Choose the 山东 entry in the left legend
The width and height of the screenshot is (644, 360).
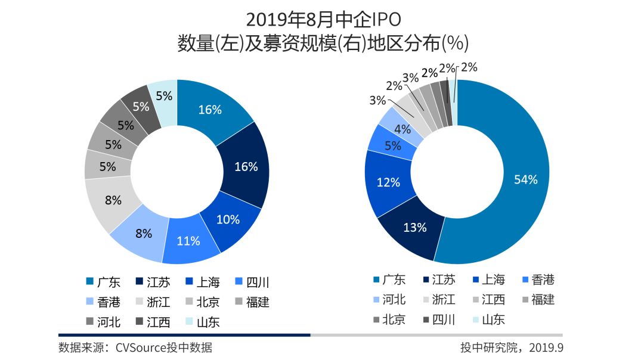click(201, 322)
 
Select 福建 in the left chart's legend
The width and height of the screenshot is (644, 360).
click(251, 302)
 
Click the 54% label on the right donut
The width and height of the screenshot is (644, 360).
click(526, 179)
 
